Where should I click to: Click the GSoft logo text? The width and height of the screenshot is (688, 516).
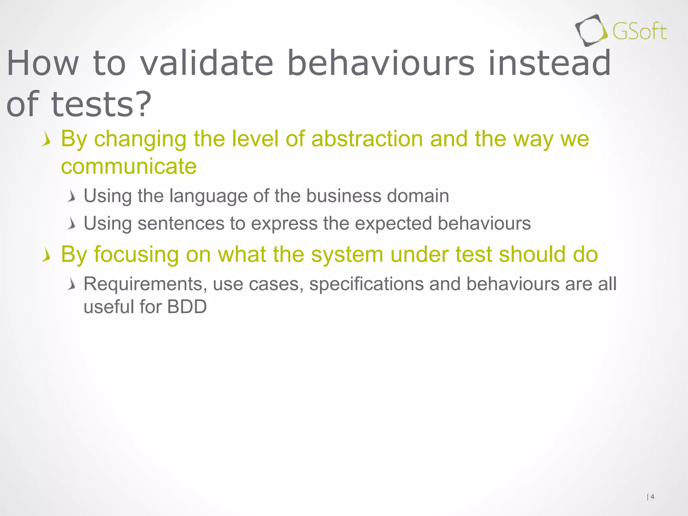[639, 32]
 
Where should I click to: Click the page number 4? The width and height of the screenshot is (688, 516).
[652, 497]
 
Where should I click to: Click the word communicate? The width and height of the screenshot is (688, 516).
[129, 166]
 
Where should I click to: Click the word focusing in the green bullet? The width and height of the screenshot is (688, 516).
[136, 254]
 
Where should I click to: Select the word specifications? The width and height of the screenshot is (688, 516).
[366, 284]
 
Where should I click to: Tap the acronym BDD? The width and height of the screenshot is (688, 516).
[187, 307]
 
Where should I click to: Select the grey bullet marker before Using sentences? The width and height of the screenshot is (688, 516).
[71, 224]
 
